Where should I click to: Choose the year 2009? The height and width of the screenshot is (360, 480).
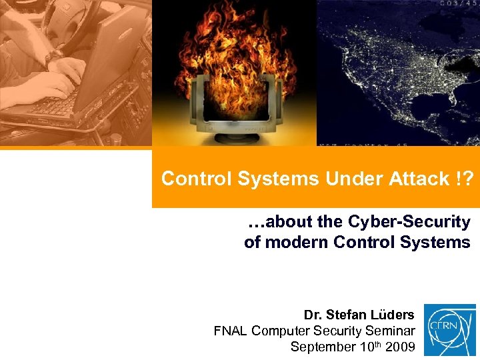[x=399, y=347]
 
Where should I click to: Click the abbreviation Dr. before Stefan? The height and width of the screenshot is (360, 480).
[x=312, y=314]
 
